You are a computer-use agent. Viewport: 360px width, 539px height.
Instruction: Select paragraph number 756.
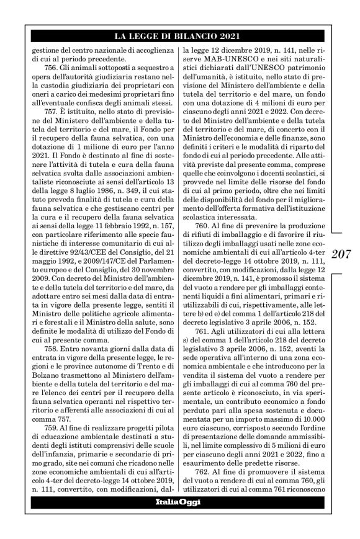click(66, 65)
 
